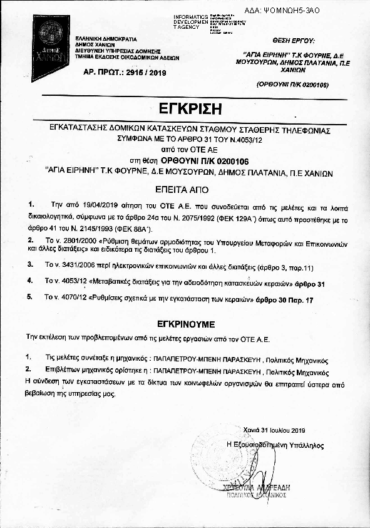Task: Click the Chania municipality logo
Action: point(50,39)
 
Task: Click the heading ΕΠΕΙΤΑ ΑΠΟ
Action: point(185,188)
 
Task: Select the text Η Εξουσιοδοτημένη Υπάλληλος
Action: point(275,444)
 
